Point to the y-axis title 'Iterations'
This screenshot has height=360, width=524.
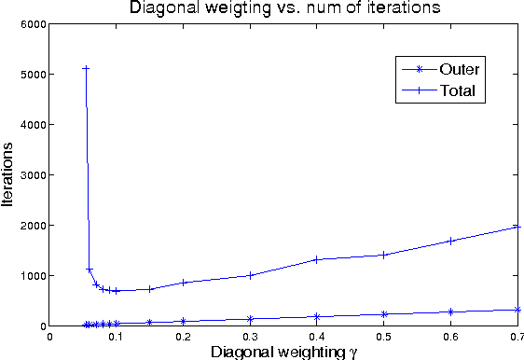point(9,175)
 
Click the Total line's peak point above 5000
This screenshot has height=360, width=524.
point(86,68)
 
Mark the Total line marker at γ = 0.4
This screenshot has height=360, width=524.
point(317,259)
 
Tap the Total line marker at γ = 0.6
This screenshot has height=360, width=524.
point(450,241)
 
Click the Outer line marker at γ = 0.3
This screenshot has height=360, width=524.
point(250,319)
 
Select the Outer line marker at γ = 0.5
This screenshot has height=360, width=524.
point(383,314)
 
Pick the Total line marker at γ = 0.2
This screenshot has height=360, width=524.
point(184,282)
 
